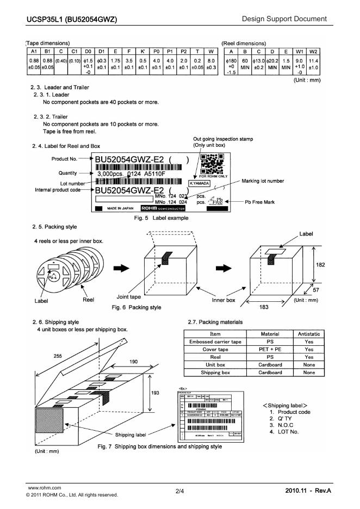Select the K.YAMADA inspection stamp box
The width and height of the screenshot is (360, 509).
pos(200,183)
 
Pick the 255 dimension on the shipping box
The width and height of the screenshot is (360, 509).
pos(57,355)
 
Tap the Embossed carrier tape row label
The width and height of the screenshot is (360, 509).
pos(215,342)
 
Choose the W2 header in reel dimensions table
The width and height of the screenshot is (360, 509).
pos(313,51)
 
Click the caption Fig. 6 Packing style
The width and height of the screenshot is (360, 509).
pos(136,307)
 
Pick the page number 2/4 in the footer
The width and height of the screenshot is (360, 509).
pos(179,492)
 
